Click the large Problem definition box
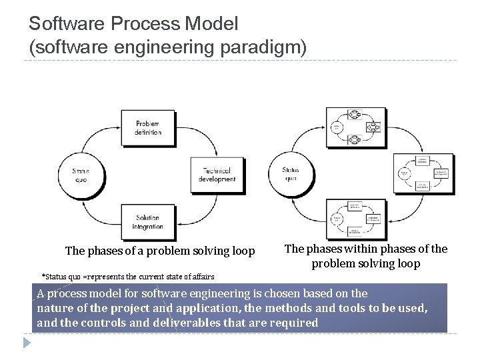148,127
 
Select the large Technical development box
217,175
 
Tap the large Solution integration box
148,222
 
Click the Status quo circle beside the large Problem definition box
81,175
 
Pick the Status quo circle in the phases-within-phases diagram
291,174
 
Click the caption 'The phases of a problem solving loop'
160,251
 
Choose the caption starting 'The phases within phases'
366,256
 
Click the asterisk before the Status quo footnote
44,276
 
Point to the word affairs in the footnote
201,277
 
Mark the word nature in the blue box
57,308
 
